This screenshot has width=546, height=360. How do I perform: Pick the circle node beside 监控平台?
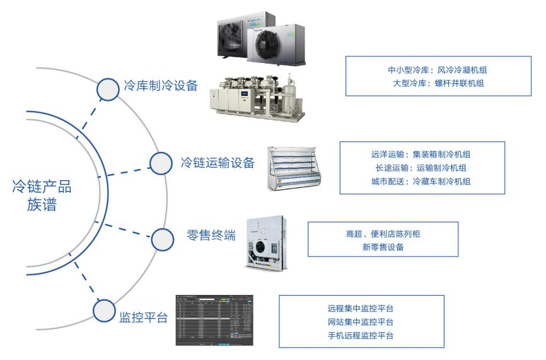[x=104, y=310]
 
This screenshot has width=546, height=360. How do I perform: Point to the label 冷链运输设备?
[x=217, y=163]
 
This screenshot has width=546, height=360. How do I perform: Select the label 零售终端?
[x=212, y=236]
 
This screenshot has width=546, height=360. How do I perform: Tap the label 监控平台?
[x=143, y=316]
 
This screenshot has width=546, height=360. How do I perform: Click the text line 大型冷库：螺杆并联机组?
[x=431, y=83]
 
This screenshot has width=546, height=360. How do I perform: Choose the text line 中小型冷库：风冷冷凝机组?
[x=431, y=69]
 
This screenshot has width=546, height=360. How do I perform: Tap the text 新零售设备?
[x=379, y=247]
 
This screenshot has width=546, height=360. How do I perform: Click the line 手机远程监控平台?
[x=361, y=335]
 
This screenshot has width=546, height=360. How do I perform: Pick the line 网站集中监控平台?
[x=361, y=322]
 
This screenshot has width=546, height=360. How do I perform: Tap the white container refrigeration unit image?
[x=266, y=241]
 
